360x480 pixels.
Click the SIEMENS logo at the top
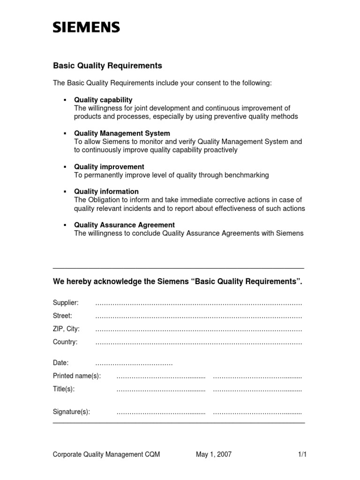(x=86, y=28)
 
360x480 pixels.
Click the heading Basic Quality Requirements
(x=107, y=66)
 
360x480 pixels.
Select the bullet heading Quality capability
(x=103, y=100)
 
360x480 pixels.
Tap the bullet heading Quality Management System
(x=122, y=134)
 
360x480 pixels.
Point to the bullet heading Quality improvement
(x=109, y=167)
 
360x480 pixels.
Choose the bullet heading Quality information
(x=106, y=191)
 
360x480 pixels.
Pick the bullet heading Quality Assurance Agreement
(x=124, y=225)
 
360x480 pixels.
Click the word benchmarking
(x=245, y=175)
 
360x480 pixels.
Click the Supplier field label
(x=66, y=303)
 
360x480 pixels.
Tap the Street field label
(x=63, y=316)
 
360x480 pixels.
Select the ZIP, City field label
(x=66, y=329)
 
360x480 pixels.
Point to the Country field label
(x=65, y=342)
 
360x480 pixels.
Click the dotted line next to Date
(x=134, y=363)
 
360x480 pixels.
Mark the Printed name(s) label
(x=77, y=376)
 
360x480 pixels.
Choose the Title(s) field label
(x=64, y=389)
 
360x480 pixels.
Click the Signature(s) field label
(x=71, y=412)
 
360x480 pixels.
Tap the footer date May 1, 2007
(x=213, y=454)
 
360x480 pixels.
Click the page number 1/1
(x=302, y=454)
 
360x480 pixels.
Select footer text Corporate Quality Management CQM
(x=106, y=454)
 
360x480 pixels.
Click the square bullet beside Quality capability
(x=65, y=100)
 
